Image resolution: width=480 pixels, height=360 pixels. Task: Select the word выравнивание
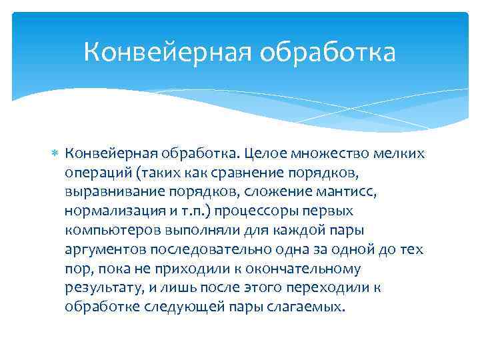click(111, 193)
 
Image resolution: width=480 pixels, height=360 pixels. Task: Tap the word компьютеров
click(106, 231)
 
